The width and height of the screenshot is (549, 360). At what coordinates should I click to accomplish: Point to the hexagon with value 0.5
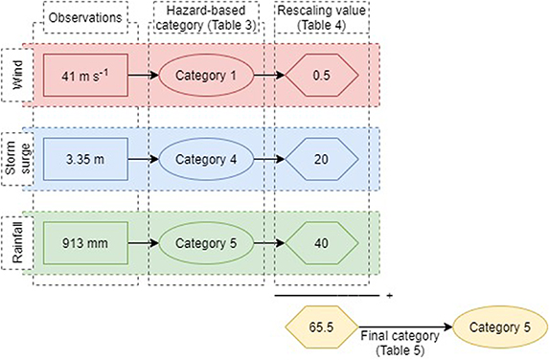pyautogui.click(x=324, y=73)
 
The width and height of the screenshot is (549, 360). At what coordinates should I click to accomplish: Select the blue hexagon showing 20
pyautogui.click(x=324, y=157)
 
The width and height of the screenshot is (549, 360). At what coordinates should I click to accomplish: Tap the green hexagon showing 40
pyautogui.click(x=324, y=240)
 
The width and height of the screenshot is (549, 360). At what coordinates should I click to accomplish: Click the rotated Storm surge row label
pyautogui.click(x=16, y=157)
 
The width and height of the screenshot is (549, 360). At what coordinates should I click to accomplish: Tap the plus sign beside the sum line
pyautogui.click(x=390, y=296)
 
